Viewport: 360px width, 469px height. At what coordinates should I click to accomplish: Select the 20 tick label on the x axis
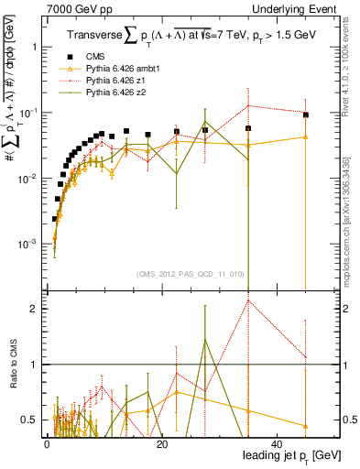tap(161, 443)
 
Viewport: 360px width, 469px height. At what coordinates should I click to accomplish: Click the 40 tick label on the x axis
tap(277, 443)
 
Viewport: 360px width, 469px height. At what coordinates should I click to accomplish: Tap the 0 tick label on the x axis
tap(46, 443)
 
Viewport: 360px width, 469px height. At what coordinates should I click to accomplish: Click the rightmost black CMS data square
tap(306, 115)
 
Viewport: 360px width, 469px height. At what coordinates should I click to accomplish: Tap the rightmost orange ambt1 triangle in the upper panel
tap(306, 136)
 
